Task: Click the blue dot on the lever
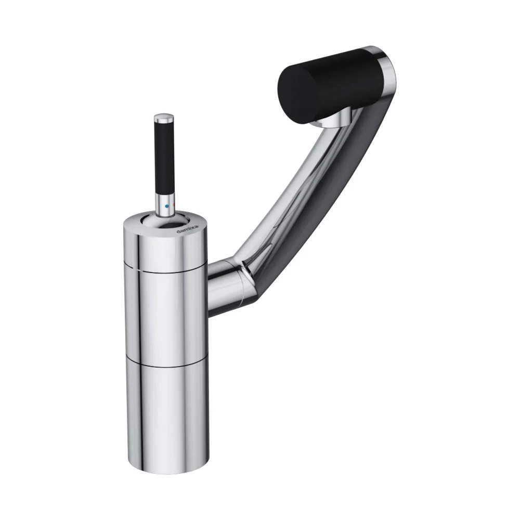(167, 206)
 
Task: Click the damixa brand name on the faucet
(188, 229)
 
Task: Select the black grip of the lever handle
(164, 158)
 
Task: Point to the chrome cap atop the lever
(164, 118)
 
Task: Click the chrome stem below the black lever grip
(165, 204)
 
